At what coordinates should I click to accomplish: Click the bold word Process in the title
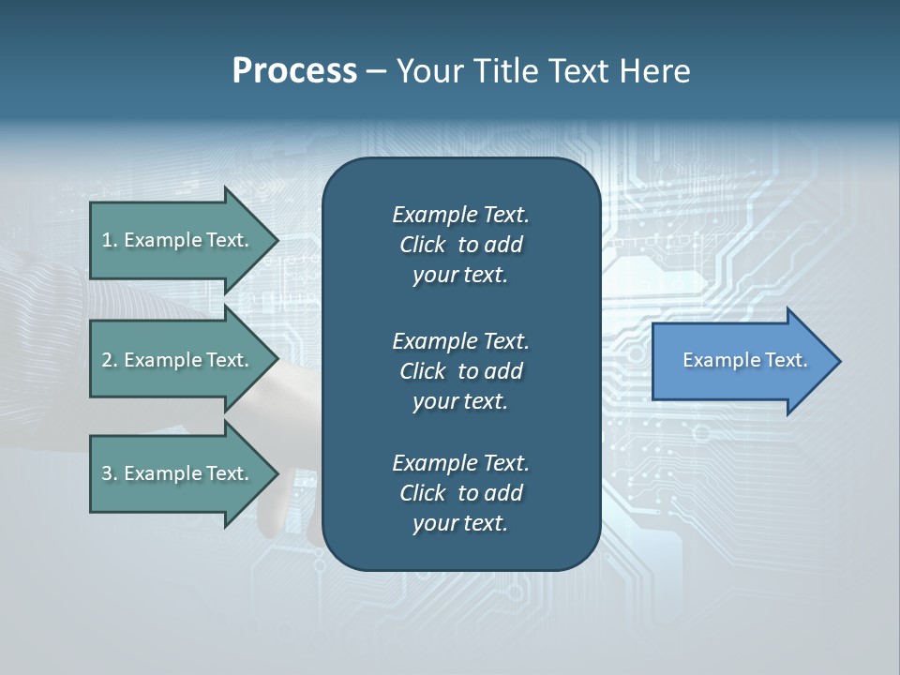(x=294, y=71)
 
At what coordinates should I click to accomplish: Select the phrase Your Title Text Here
(x=543, y=71)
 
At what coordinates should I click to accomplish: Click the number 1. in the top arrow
(x=110, y=240)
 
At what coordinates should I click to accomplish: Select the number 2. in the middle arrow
(x=110, y=360)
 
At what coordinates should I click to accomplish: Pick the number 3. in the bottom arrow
(x=110, y=473)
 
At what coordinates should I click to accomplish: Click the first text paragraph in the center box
(x=460, y=245)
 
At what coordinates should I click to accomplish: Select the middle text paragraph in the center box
(x=460, y=371)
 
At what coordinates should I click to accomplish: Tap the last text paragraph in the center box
(x=460, y=493)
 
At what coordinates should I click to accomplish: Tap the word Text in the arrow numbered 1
(x=227, y=240)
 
